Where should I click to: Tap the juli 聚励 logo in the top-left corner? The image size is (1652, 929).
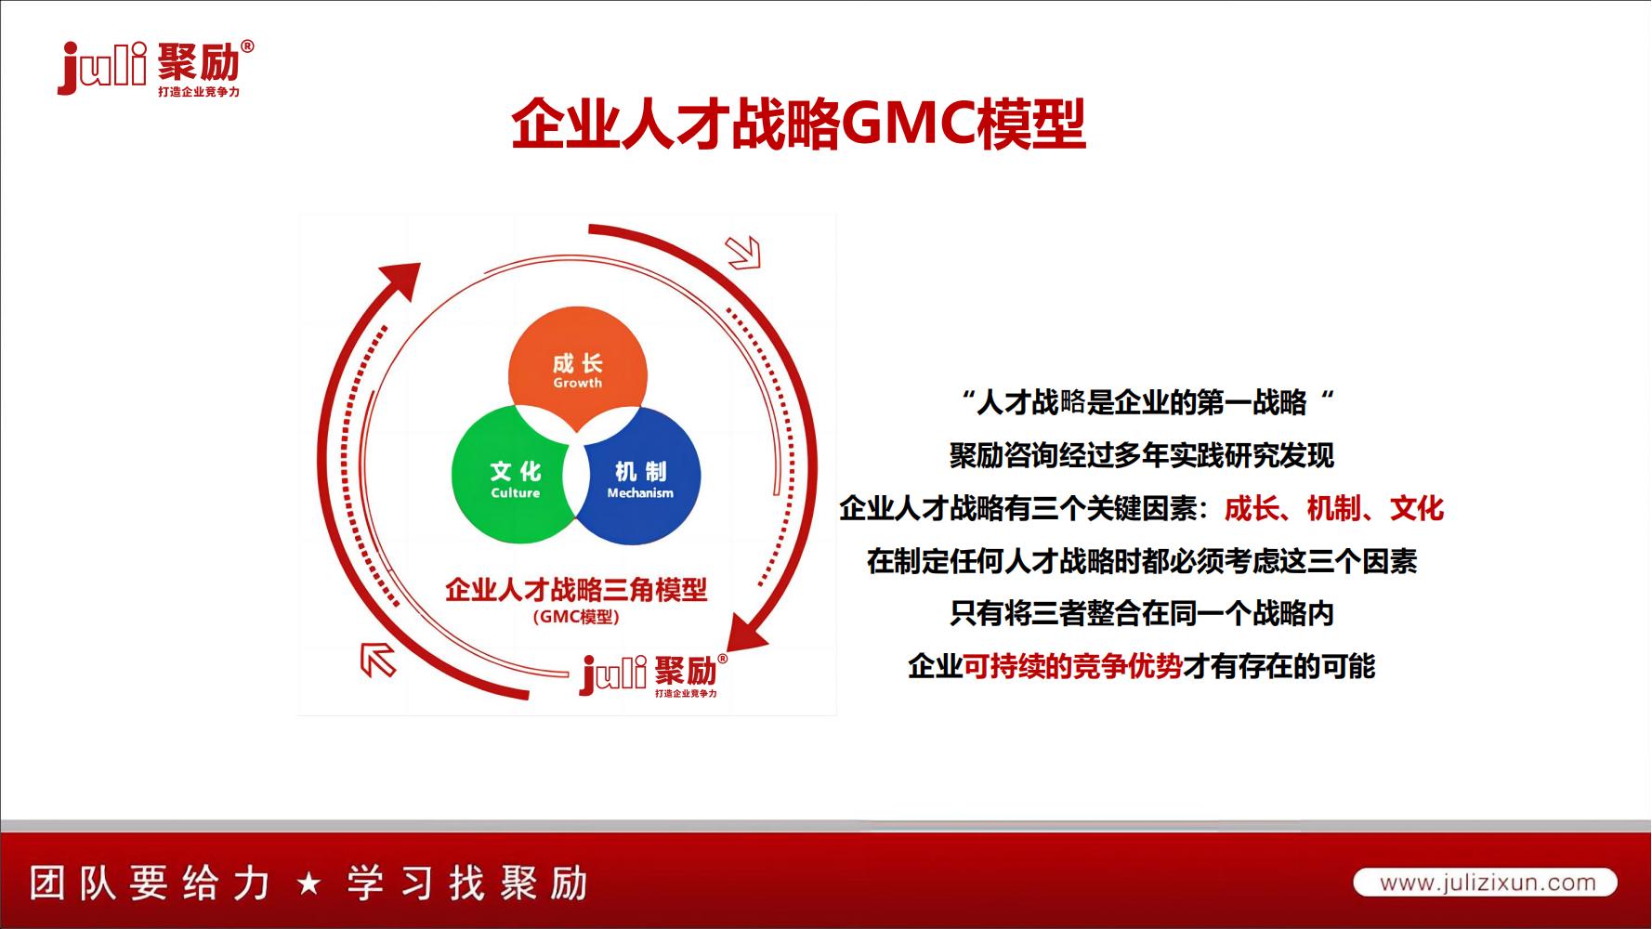(153, 67)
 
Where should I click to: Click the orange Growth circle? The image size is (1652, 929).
(578, 358)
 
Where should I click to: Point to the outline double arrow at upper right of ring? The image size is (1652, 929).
(743, 251)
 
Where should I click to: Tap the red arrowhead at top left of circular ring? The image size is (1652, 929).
(400, 279)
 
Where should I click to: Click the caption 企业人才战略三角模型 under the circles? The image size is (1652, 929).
(576, 589)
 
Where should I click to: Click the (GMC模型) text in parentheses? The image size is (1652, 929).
(576, 617)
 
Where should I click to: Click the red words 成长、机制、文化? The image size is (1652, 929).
(1333, 508)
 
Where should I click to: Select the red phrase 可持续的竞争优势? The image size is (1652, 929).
(1072, 666)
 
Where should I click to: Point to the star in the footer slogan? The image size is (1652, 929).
(309, 883)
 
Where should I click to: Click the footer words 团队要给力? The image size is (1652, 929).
(149, 883)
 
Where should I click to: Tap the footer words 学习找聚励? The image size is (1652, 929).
(467, 883)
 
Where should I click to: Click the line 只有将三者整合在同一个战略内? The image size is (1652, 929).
(1141, 613)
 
